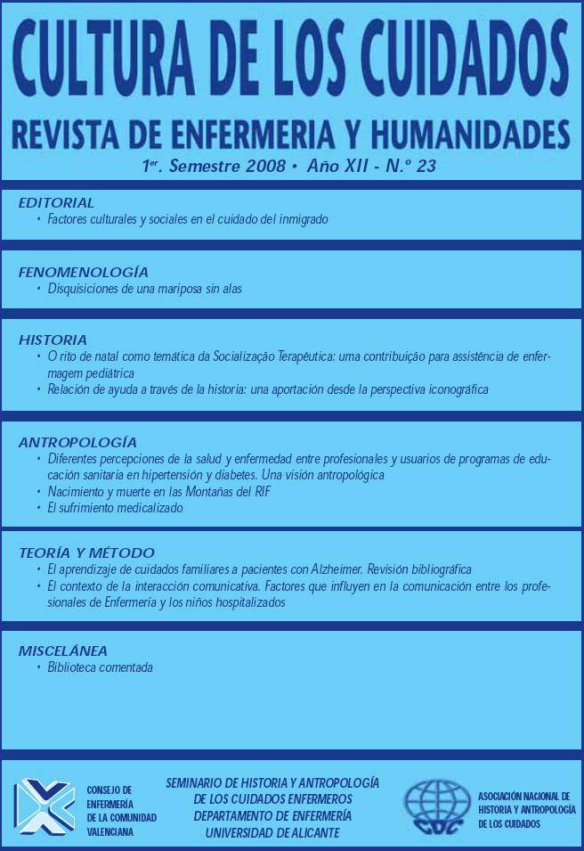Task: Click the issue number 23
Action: (426, 167)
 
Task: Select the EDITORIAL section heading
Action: (56, 203)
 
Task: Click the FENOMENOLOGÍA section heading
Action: (83, 272)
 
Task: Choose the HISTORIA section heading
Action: (53, 340)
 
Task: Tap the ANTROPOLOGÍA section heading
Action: (77, 442)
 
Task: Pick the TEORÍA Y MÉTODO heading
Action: (86, 552)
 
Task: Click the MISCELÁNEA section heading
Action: (62, 651)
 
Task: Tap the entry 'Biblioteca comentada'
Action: (101, 667)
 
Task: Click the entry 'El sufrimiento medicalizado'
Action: (115, 508)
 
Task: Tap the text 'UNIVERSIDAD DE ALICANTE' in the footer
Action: (272, 833)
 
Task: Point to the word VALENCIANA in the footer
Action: (111, 831)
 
